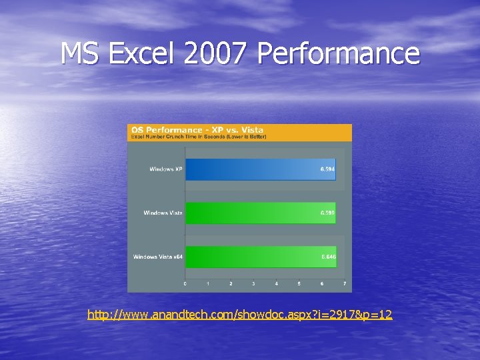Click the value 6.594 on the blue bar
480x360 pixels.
[327, 169]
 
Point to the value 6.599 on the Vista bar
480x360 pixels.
[327, 213]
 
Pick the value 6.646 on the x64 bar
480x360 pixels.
[327, 257]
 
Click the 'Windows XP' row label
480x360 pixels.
[166, 169]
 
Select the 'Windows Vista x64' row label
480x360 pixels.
[158, 257]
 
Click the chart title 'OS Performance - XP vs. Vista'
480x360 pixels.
[197, 129]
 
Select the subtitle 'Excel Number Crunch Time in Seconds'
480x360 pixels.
[198, 137]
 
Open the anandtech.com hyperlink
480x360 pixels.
[240, 314]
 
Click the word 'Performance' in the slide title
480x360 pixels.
[339, 53]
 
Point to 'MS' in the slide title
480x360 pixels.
[80, 53]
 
